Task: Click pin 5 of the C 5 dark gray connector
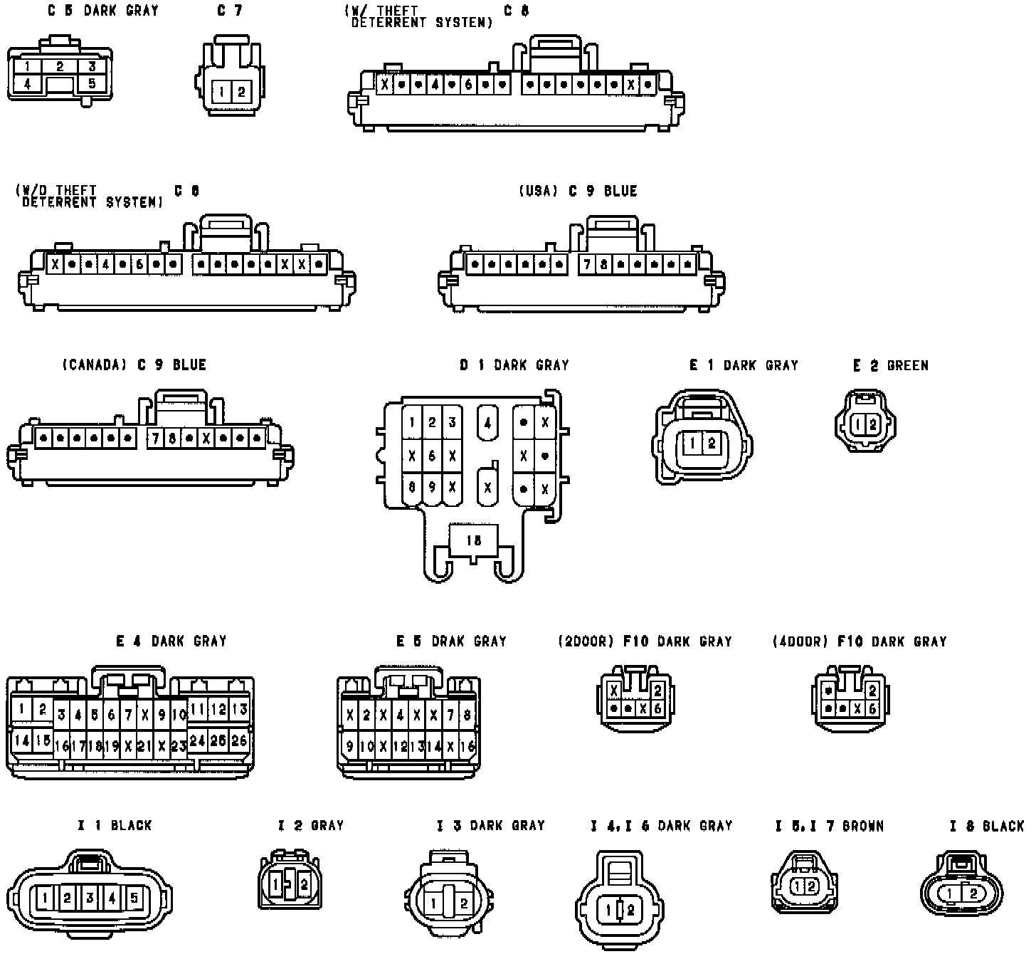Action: click(x=92, y=83)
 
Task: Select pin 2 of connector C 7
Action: click(x=241, y=92)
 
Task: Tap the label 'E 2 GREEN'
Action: click(x=891, y=365)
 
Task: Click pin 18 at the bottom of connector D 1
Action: click(x=473, y=540)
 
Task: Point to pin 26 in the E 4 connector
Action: click(x=239, y=741)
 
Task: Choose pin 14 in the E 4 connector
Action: click(x=22, y=741)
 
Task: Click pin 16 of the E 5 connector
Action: click(x=467, y=747)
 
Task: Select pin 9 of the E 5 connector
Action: click(x=349, y=747)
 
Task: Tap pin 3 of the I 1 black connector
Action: click(x=90, y=898)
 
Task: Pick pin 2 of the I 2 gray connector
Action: click(x=304, y=884)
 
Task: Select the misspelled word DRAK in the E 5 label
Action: click(x=448, y=641)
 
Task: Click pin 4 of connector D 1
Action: click(x=487, y=422)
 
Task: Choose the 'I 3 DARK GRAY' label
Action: click(x=491, y=826)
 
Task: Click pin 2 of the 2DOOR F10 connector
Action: click(x=657, y=690)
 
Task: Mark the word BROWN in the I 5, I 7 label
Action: click(x=863, y=826)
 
